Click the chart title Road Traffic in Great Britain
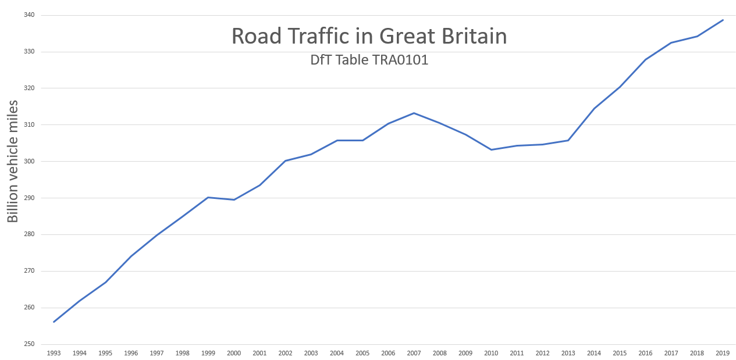click(369, 36)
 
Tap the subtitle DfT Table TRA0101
click(369, 60)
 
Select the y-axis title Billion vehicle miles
click(13, 162)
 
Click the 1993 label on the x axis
click(54, 353)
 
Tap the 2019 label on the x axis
click(723, 353)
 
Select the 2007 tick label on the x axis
click(414, 353)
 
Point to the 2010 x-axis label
click(491, 353)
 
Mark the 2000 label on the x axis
click(234, 353)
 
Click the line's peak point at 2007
click(414, 113)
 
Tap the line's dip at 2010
click(491, 149)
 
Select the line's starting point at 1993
click(54, 322)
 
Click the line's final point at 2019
click(723, 20)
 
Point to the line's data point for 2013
click(568, 140)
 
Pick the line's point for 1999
click(208, 197)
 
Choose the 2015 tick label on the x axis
click(620, 353)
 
